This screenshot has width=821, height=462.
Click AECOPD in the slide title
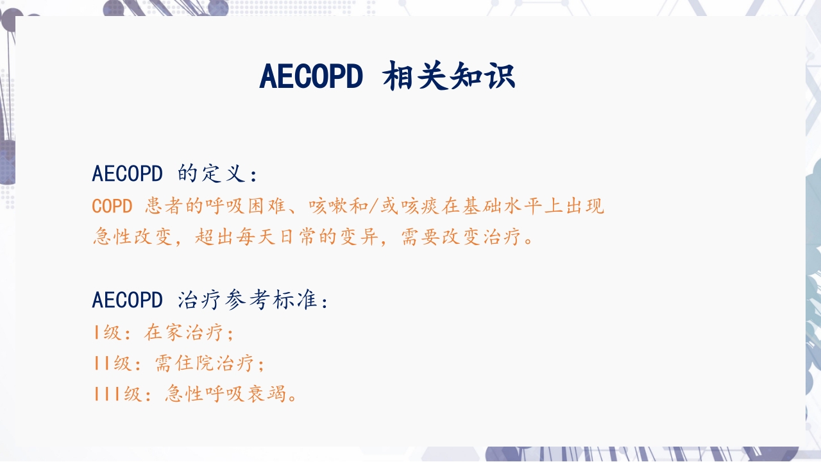tap(311, 77)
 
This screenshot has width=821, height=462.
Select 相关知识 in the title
tap(449, 77)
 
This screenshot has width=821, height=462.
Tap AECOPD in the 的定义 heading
tap(127, 174)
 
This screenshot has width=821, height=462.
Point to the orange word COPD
tap(112, 206)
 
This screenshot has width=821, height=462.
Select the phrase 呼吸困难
tap(245, 206)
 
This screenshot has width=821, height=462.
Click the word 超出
tap(214, 237)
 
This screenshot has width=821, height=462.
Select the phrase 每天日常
tap(276, 237)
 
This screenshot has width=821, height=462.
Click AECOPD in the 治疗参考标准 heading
tap(127, 300)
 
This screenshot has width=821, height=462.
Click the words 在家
tap(164, 332)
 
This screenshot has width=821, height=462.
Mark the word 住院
tap(195, 363)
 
